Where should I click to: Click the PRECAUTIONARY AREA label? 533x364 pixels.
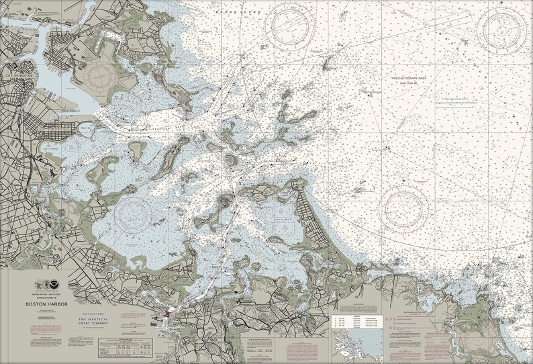coord(409,78)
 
